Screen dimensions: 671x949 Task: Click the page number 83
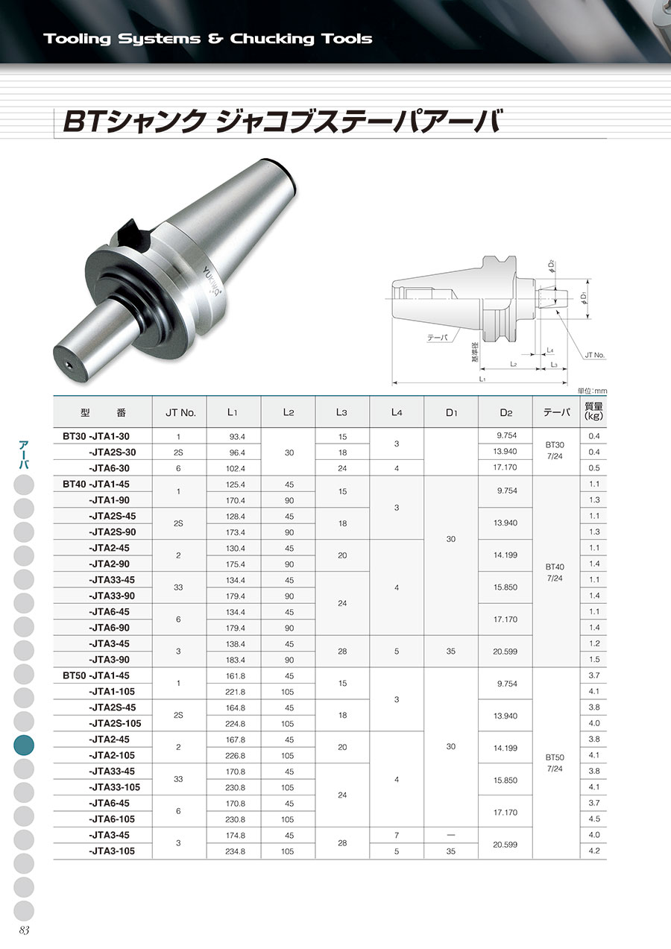point(24,930)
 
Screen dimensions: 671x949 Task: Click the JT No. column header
point(180,413)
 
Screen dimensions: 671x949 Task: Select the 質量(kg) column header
point(593,411)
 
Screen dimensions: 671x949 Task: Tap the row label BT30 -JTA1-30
point(96,436)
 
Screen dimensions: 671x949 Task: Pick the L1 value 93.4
point(237,437)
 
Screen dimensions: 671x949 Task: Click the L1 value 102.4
point(236,469)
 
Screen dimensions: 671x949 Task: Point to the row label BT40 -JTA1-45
point(96,485)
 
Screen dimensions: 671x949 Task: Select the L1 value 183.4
point(236,660)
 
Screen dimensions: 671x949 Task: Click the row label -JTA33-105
point(114,787)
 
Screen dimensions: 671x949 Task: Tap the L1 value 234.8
point(236,851)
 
